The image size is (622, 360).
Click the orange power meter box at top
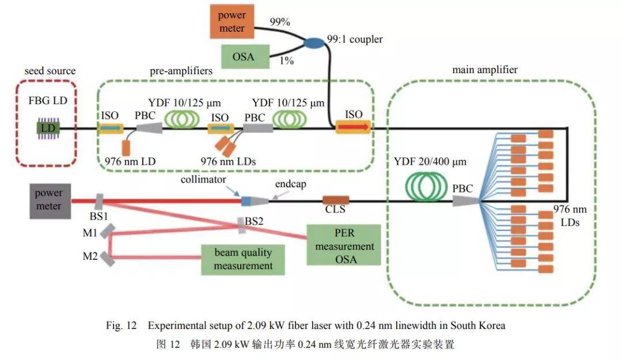pos(232,21)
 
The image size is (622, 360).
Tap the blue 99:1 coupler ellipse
pos(314,43)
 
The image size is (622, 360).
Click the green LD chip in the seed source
pos(48,128)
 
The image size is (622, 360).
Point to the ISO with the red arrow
pos(353,127)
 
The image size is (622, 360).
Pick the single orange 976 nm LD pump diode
pos(126,148)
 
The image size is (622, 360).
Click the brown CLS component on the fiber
pos(336,200)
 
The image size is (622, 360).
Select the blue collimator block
pos(246,201)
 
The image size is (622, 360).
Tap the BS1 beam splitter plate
pos(99,202)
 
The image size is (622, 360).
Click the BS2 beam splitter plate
pos(241,225)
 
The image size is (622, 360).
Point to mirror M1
pos(108,231)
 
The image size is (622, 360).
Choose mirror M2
pos(108,259)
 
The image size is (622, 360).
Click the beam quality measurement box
pos(243,260)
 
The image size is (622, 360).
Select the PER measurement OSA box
pos(343,245)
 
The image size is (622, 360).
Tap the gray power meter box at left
pos(50,201)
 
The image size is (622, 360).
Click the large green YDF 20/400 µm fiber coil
pos(426,186)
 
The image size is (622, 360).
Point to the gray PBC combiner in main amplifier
pos(466,201)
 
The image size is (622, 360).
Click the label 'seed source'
pos(50,71)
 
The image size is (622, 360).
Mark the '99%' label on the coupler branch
pos(280,22)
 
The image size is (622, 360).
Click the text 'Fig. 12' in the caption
pos(121,325)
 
